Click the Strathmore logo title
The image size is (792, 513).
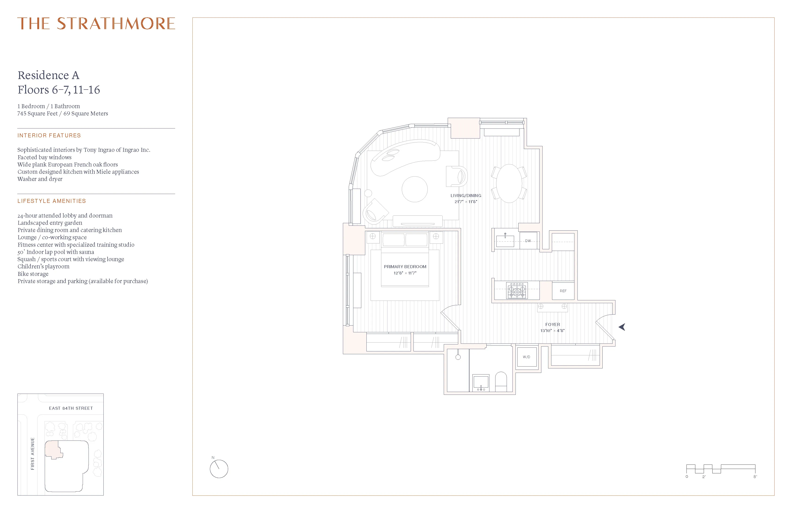point(96,24)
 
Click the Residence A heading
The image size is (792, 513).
point(49,75)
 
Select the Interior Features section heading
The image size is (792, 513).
point(49,135)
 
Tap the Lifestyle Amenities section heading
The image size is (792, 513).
point(51,201)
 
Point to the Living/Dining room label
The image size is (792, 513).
point(466,196)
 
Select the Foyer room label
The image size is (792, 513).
point(552,324)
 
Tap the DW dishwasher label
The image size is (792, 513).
point(528,240)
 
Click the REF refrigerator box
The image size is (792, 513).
point(563,291)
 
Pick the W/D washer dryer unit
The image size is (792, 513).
point(526,357)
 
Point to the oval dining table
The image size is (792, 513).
point(509,183)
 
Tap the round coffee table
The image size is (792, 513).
point(414,189)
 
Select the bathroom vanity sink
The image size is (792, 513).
point(481,382)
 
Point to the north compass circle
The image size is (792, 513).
point(219,469)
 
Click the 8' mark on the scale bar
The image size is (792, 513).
point(755,477)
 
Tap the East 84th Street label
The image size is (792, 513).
point(71,408)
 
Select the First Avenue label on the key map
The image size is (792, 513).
point(33,454)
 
